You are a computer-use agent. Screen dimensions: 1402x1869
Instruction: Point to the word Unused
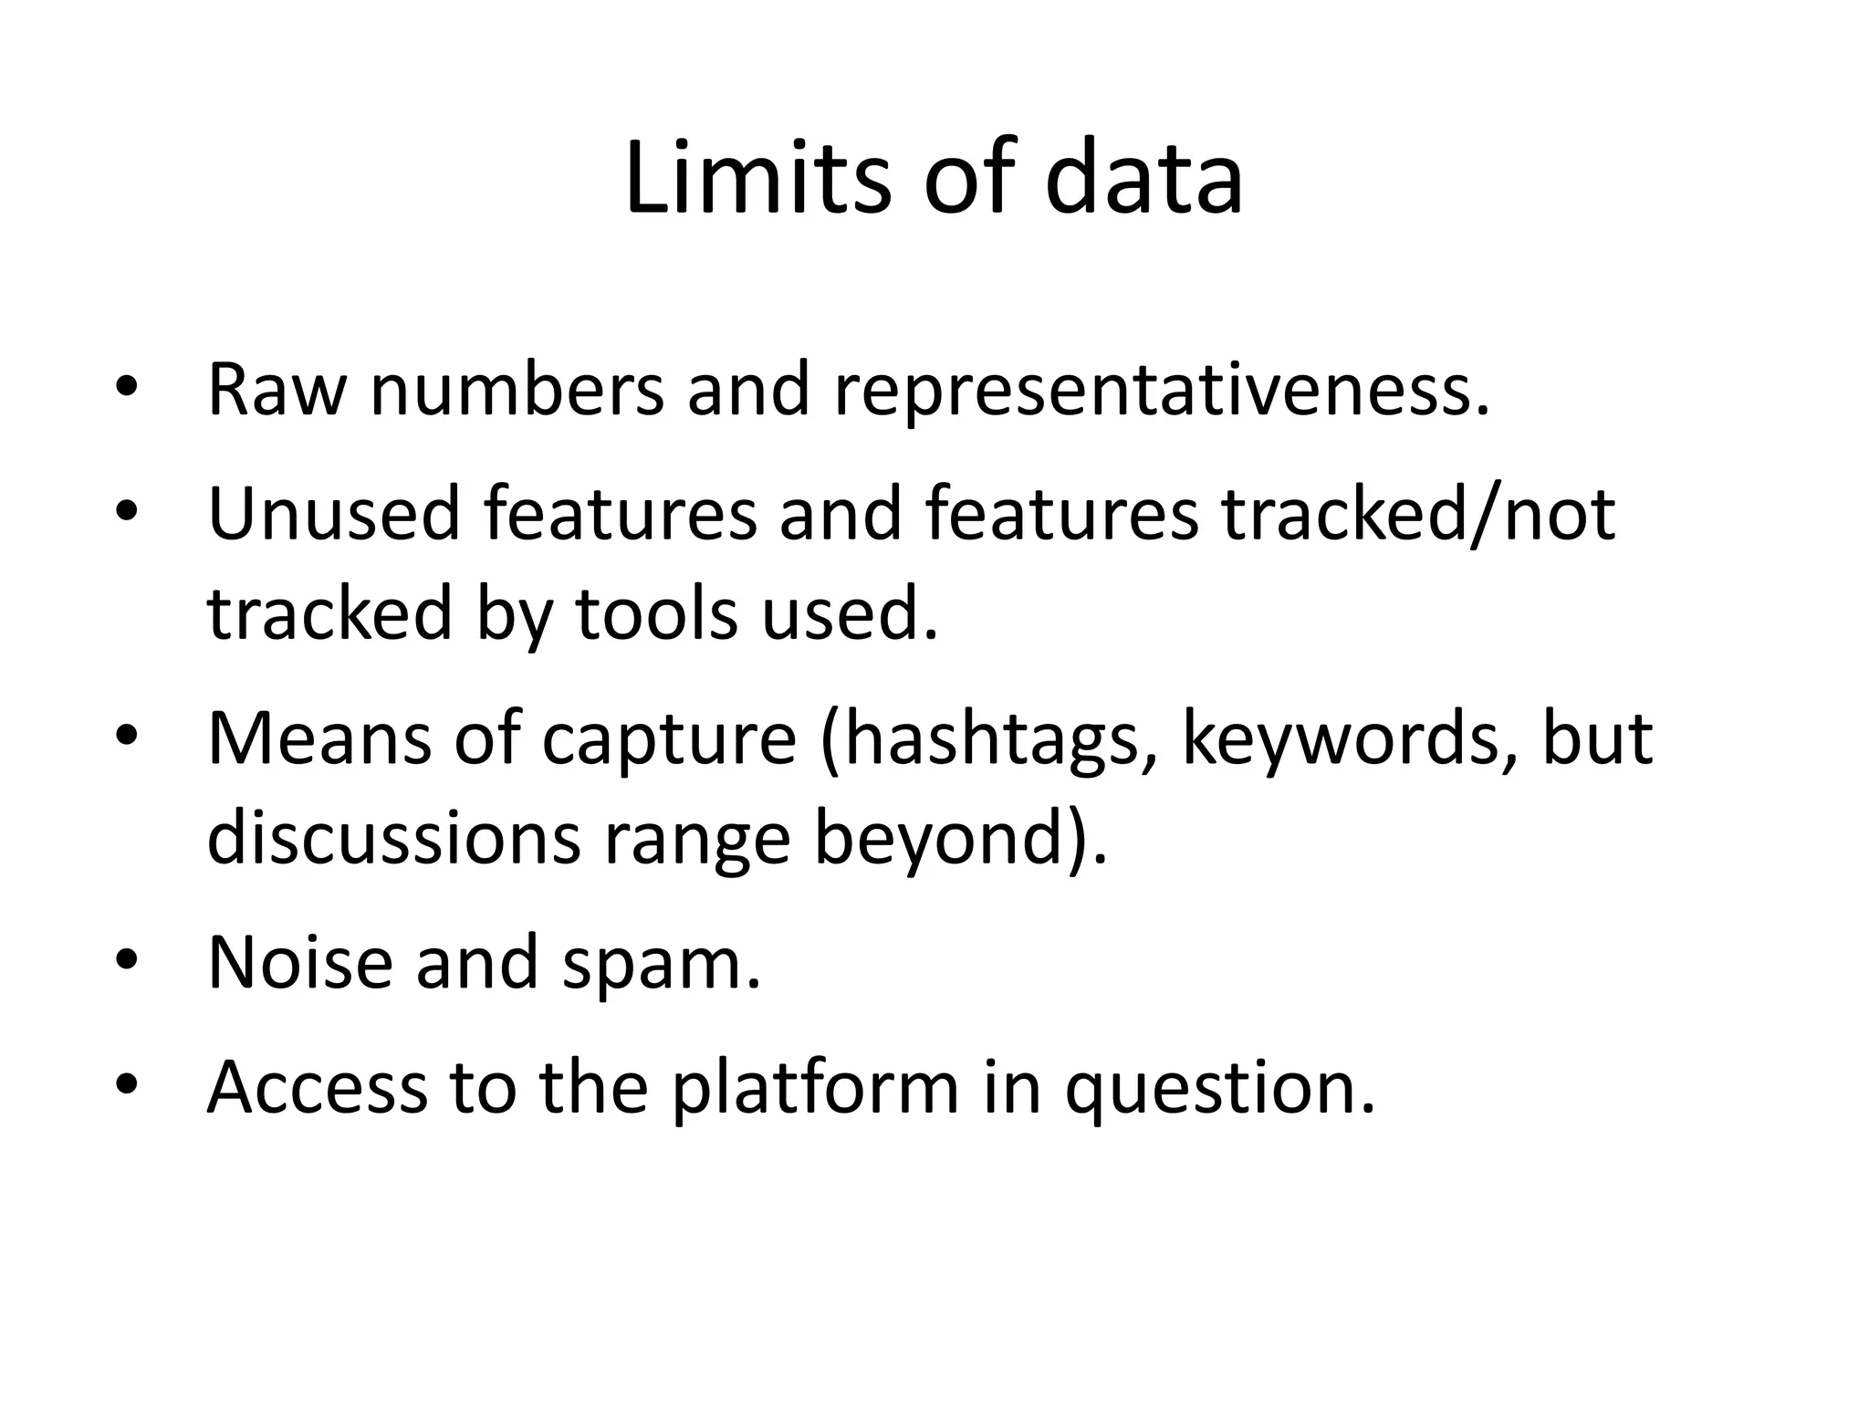click(x=333, y=514)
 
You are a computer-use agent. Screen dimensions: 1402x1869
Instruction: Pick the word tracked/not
click(x=1419, y=514)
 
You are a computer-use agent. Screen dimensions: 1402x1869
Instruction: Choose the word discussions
click(x=393, y=838)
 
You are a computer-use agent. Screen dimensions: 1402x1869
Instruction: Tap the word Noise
click(x=299, y=962)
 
